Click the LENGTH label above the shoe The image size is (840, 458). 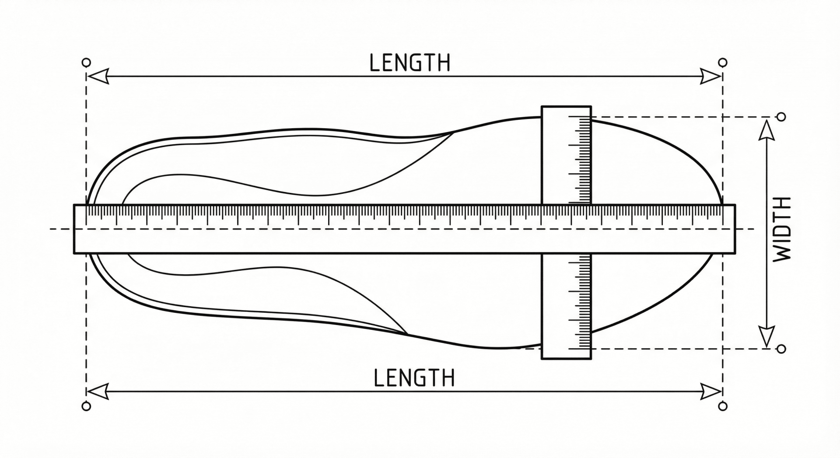409,63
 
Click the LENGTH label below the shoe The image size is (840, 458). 414,378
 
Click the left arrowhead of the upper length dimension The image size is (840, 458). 97,76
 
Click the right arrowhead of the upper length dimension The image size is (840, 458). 711,76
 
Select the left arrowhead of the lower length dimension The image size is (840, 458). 97,391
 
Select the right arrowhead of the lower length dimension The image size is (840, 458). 711,391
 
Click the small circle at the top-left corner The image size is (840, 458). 87,62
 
